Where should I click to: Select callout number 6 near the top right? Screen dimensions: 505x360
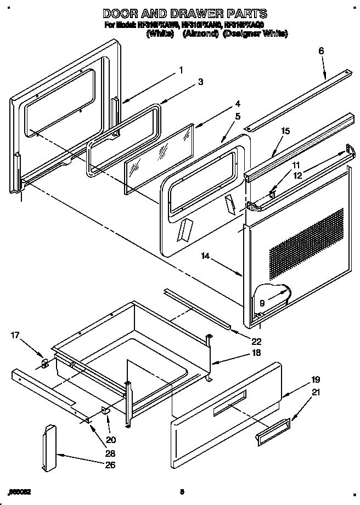pos(321,51)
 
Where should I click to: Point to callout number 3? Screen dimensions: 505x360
pos(200,82)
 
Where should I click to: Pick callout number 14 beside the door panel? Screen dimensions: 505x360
pos(206,256)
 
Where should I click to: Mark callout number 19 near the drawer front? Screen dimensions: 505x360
pos(315,379)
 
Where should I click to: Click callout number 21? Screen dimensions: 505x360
pos(315,392)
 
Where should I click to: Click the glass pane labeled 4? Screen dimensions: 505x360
pos(159,158)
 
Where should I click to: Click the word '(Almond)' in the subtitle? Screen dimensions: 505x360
pos(200,34)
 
